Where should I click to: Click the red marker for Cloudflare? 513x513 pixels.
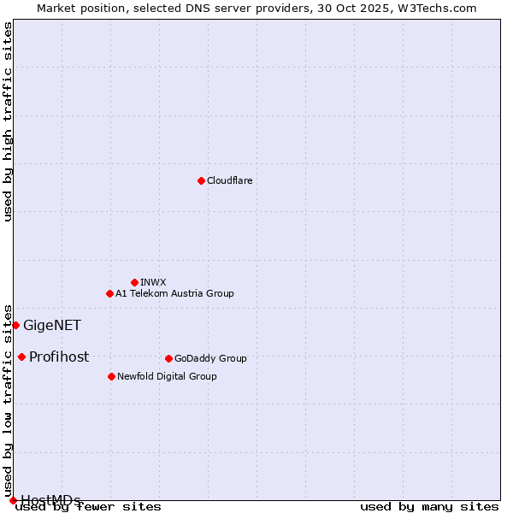click(x=201, y=180)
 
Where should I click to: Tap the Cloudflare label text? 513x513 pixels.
click(x=229, y=180)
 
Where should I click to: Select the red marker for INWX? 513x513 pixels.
click(x=134, y=282)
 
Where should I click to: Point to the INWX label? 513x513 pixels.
click(x=153, y=282)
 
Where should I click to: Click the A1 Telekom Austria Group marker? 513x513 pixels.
click(x=109, y=293)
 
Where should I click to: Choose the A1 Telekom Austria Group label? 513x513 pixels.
click(x=174, y=293)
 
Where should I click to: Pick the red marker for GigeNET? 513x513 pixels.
click(x=15, y=325)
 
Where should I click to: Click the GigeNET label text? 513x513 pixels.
click(x=51, y=325)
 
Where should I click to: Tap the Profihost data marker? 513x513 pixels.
click(x=21, y=357)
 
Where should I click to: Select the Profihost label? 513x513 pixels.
click(x=59, y=357)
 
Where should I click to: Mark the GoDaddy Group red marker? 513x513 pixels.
click(x=168, y=358)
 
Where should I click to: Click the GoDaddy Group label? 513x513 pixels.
click(x=210, y=358)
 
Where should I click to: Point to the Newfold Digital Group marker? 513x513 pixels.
click(x=111, y=376)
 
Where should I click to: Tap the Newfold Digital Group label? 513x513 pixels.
click(x=167, y=376)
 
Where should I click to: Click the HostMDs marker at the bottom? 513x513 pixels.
click(x=13, y=500)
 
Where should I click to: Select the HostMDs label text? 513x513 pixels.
click(x=50, y=500)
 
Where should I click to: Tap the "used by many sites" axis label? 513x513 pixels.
click(x=429, y=506)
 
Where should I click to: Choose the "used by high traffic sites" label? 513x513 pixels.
click(x=8, y=121)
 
